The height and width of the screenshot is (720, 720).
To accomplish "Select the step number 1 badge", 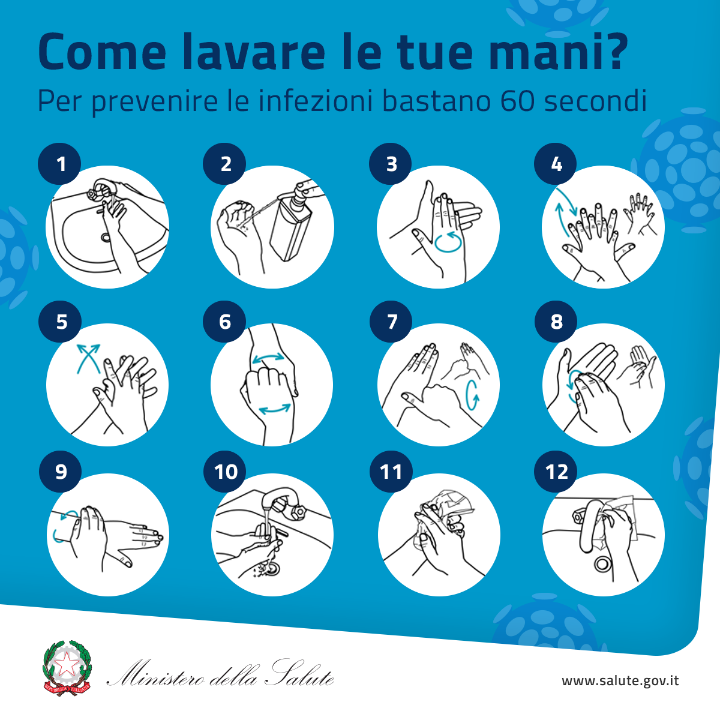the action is click(59, 164).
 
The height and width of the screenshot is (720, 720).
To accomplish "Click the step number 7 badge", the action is click(391, 322).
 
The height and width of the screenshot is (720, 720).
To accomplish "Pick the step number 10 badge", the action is click(225, 472).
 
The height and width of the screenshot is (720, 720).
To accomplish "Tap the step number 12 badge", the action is click(556, 472).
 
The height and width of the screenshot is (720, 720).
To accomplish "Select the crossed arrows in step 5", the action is click(89, 358).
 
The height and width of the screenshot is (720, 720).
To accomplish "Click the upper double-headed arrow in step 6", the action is click(268, 358).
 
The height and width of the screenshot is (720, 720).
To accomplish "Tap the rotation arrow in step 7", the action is click(472, 395).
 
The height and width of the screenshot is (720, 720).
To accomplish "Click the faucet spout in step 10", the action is click(278, 497).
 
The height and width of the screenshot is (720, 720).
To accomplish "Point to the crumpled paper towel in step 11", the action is click(448, 508).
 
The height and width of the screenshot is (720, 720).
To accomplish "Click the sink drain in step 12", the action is click(602, 564).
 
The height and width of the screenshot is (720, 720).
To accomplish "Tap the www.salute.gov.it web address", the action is click(620, 681).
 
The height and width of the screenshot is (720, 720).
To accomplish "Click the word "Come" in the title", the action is click(101, 52).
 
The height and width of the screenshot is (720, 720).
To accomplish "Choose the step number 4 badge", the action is click(555, 164).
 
